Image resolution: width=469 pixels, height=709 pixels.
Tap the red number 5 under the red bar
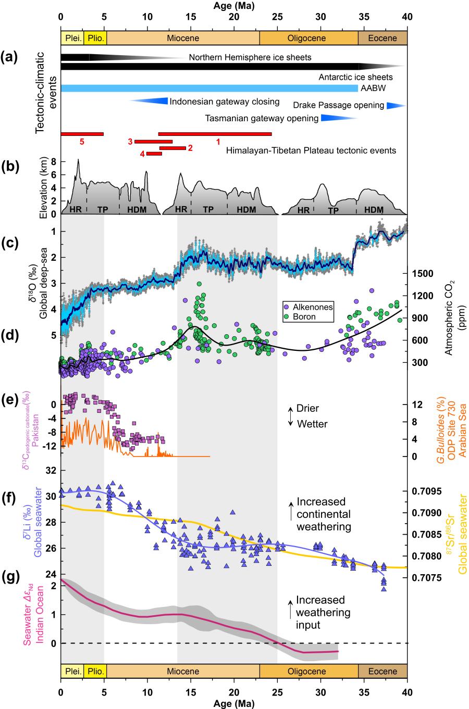click(x=81, y=141)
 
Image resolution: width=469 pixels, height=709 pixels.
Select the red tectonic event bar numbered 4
click(x=154, y=154)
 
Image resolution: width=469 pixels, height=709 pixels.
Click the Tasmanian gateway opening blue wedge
click(x=336, y=118)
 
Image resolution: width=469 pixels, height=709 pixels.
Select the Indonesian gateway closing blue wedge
click(x=151, y=101)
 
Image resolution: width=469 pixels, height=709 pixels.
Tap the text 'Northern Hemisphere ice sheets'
click(x=250, y=58)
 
